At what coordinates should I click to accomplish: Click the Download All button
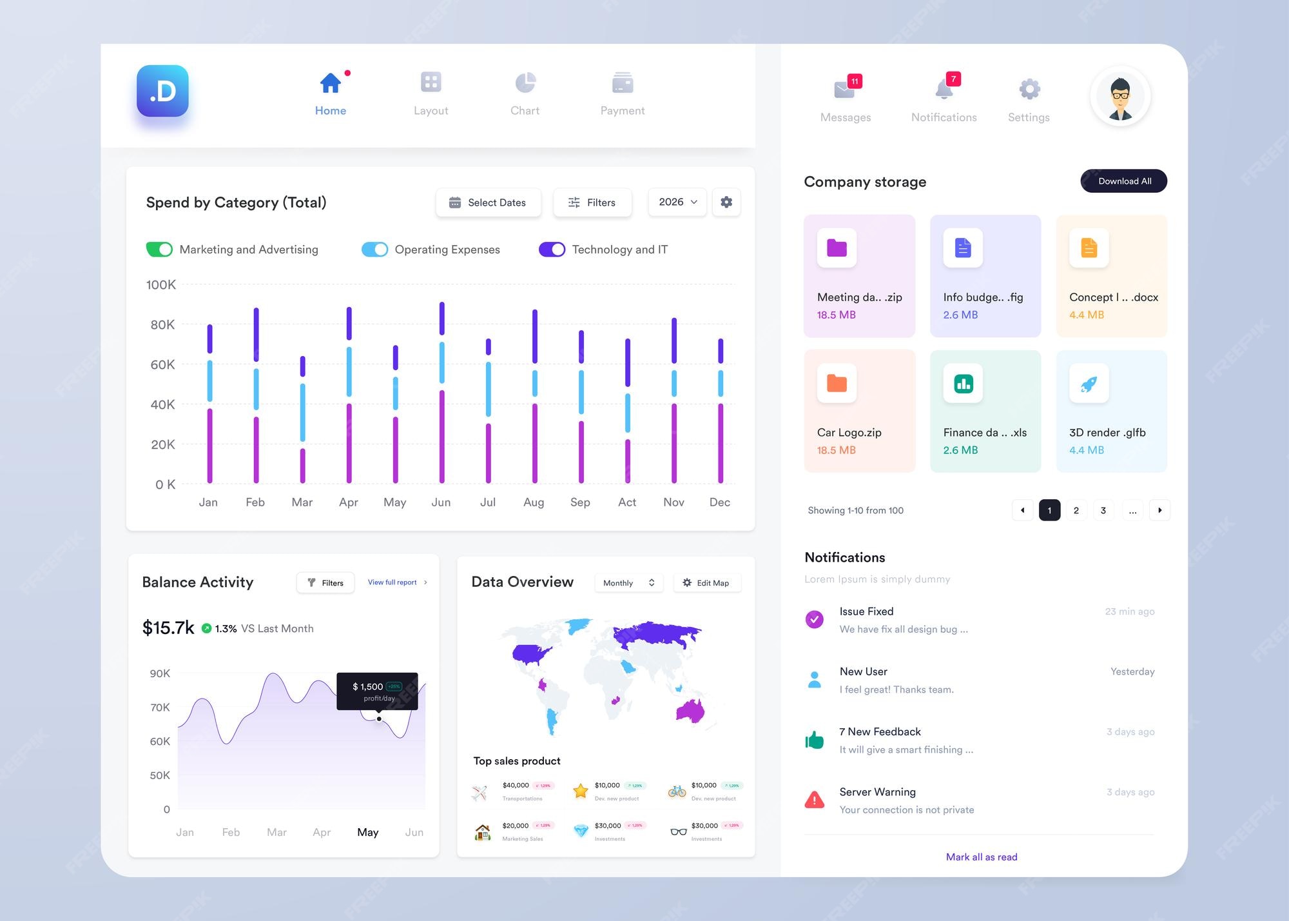[1123, 181]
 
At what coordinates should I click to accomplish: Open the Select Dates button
[488, 203]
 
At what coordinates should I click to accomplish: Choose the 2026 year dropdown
[677, 202]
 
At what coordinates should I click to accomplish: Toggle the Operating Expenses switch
[374, 250]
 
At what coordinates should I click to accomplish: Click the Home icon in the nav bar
[330, 83]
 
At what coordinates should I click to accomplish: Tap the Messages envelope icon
[844, 90]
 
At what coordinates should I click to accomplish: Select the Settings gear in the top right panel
[1029, 89]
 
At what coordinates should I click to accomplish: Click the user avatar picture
[1120, 97]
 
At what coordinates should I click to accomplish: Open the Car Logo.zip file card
[859, 411]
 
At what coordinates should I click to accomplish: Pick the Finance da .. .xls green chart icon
[963, 384]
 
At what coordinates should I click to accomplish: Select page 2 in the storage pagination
[1076, 510]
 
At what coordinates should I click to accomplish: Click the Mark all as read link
[982, 857]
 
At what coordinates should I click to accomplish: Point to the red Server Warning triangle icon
[815, 800]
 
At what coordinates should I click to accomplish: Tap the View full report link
[393, 582]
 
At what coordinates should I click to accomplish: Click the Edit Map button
[707, 583]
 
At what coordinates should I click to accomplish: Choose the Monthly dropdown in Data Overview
[628, 583]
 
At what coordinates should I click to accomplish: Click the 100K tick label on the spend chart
[161, 284]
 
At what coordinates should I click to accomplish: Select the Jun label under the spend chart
[441, 502]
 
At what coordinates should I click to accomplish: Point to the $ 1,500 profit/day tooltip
[377, 691]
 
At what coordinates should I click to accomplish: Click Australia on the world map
[691, 711]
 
